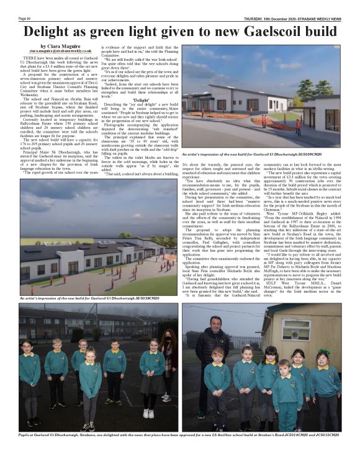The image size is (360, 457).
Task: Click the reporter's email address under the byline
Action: tap(60, 51)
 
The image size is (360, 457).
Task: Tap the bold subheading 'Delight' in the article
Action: tap(140, 99)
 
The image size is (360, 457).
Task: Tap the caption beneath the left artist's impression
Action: tap(90, 298)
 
